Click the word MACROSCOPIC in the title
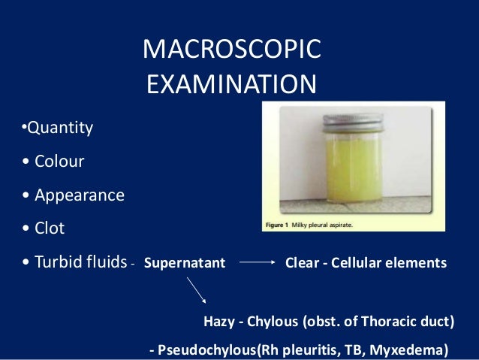point(232,50)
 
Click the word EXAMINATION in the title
point(231,84)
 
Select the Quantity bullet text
point(59,128)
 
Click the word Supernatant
point(184,264)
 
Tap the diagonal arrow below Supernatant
point(197,291)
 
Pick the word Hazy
point(219,322)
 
